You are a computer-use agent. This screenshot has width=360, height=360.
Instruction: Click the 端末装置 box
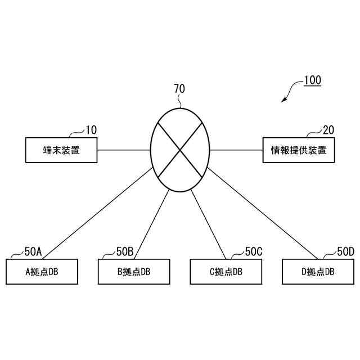point(61,150)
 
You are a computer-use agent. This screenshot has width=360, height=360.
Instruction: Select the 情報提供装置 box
point(298,150)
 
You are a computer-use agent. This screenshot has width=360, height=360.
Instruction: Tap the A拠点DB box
point(42,272)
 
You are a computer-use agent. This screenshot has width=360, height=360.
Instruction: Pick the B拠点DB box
point(134,272)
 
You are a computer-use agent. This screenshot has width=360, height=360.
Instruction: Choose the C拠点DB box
point(226,272)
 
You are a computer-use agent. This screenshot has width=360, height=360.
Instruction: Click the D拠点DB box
point(318,272)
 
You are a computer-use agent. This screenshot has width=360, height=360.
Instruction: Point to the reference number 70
point(179,88)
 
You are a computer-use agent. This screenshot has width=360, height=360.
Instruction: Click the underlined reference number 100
point(312,80)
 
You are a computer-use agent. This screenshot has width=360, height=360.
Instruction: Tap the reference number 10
point(91,130)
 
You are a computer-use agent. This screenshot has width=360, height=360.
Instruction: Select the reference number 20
point(328,130)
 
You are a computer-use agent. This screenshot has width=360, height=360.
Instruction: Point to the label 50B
point(125,251)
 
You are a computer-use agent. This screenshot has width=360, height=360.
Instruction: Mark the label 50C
point(254,251)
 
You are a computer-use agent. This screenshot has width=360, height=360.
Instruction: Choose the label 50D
point(345,251)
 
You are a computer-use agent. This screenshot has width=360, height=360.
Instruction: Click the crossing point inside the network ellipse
point(180,150)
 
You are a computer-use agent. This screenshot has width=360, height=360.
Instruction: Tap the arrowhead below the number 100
point(284,100)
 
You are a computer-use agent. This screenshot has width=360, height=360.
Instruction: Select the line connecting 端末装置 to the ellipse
point(123,150)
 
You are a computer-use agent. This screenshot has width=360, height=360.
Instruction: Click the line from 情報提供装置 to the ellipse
point(236,150)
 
